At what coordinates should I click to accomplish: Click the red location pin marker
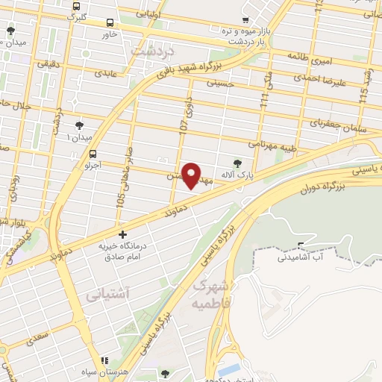tap(191, 175)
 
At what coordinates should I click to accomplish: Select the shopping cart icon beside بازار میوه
tap(246, 21)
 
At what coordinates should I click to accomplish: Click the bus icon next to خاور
tap(110, 22)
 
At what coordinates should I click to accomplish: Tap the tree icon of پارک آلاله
tap(237, 163)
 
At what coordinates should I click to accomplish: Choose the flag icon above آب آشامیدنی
tap(301, 246)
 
